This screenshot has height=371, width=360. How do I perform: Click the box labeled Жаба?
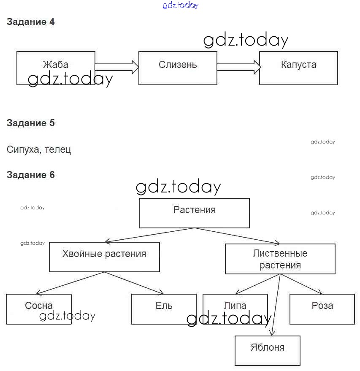pos(56,68)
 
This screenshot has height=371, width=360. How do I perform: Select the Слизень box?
pos(178,68)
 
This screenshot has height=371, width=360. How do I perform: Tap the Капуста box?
pos(298,68)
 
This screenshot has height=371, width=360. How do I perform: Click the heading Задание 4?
pos(31,22)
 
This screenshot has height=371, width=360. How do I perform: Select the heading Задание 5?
pos(31,123)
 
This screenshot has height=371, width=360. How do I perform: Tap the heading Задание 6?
pos(31,175)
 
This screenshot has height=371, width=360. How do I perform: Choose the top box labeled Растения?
pos(195,213)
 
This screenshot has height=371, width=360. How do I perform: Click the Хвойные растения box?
pos(104,257)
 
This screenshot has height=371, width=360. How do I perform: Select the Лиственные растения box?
pos(280,259)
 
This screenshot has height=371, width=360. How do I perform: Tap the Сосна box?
pos(39,309)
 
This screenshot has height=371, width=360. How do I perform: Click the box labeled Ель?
pos(164,309)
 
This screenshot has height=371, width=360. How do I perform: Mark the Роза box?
pos(322,309)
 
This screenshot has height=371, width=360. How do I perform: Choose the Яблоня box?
pos(268,350)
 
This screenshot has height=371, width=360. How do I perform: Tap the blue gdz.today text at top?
pos(180,5)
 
